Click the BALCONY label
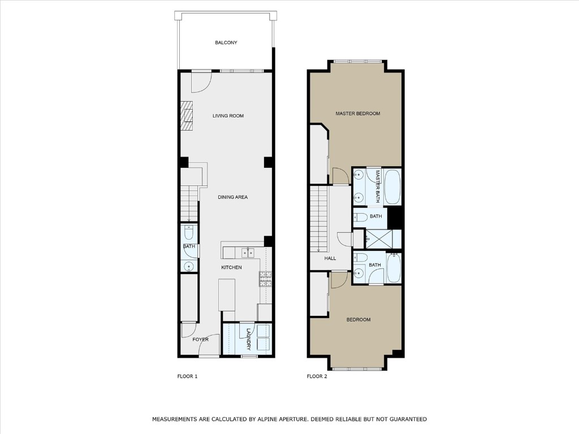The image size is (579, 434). coord(226,43)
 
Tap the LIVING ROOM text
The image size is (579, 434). coord(228,116)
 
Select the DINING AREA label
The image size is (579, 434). coord(233,197)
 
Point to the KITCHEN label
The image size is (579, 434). coord(231,267)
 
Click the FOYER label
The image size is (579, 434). coord(200,340)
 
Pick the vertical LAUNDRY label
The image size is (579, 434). coord(248,340)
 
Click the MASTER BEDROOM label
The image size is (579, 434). coord(357,114)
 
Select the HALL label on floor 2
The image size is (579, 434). coord(330,258)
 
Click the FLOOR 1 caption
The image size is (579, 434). coord(187,376)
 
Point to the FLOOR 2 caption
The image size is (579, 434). coord(317,376)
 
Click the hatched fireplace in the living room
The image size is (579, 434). coord(187,116)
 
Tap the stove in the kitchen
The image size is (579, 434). coord(265,277)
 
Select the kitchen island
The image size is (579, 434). coord(227,294)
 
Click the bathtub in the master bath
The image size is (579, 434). coord(392,187)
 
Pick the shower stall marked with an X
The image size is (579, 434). coord(383,239)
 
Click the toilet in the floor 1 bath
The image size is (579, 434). coord(189,233)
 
